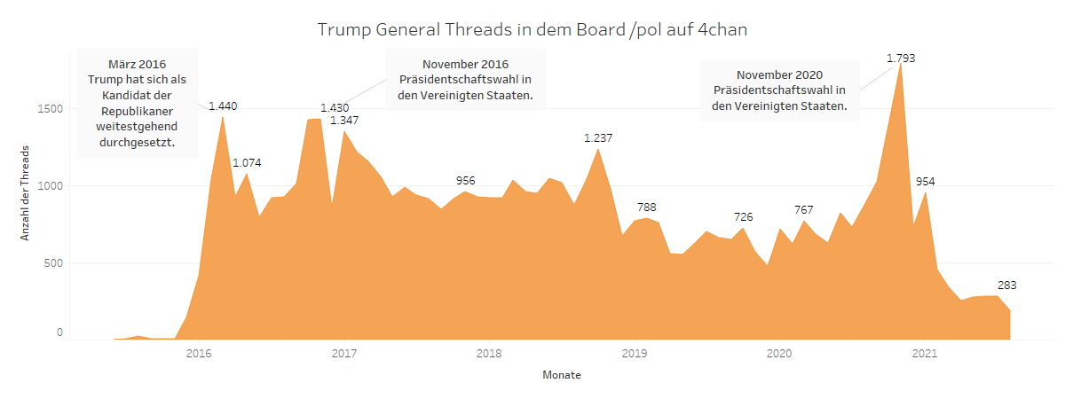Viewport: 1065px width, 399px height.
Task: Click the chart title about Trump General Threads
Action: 532,29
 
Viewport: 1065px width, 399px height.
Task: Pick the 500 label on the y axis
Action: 52,263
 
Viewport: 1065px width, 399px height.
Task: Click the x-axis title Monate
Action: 562,375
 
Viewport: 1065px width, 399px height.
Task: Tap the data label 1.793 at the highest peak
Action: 901,59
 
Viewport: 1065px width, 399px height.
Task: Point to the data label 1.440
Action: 223,106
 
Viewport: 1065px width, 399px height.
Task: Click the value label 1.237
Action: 598,138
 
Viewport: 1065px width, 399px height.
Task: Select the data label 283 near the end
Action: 1006,286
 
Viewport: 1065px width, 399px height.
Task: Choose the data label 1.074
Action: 247,162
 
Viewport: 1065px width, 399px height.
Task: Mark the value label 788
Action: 646,207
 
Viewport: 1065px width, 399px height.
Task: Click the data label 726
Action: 743,217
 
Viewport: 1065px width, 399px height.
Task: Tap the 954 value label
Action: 925,182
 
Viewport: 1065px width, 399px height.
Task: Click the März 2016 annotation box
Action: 138,103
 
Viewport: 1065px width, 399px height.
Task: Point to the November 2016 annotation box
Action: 466,79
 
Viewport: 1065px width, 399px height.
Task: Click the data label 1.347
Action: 344,120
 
